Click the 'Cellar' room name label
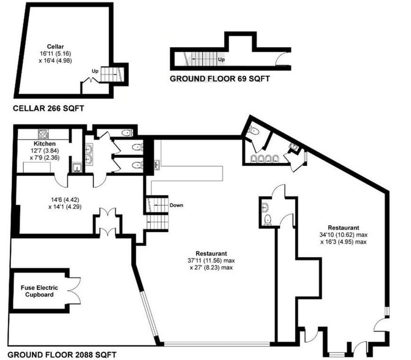(55, 47)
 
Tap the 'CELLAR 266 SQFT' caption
(48, 109)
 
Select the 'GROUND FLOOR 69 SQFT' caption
(219, 79)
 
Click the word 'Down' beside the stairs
(176, 205)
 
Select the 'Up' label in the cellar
(94, 71)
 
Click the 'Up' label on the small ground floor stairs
(221, 60)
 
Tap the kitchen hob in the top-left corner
(44, 133)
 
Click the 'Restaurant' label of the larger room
(211, 253)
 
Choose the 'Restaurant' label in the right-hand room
(344, 227)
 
